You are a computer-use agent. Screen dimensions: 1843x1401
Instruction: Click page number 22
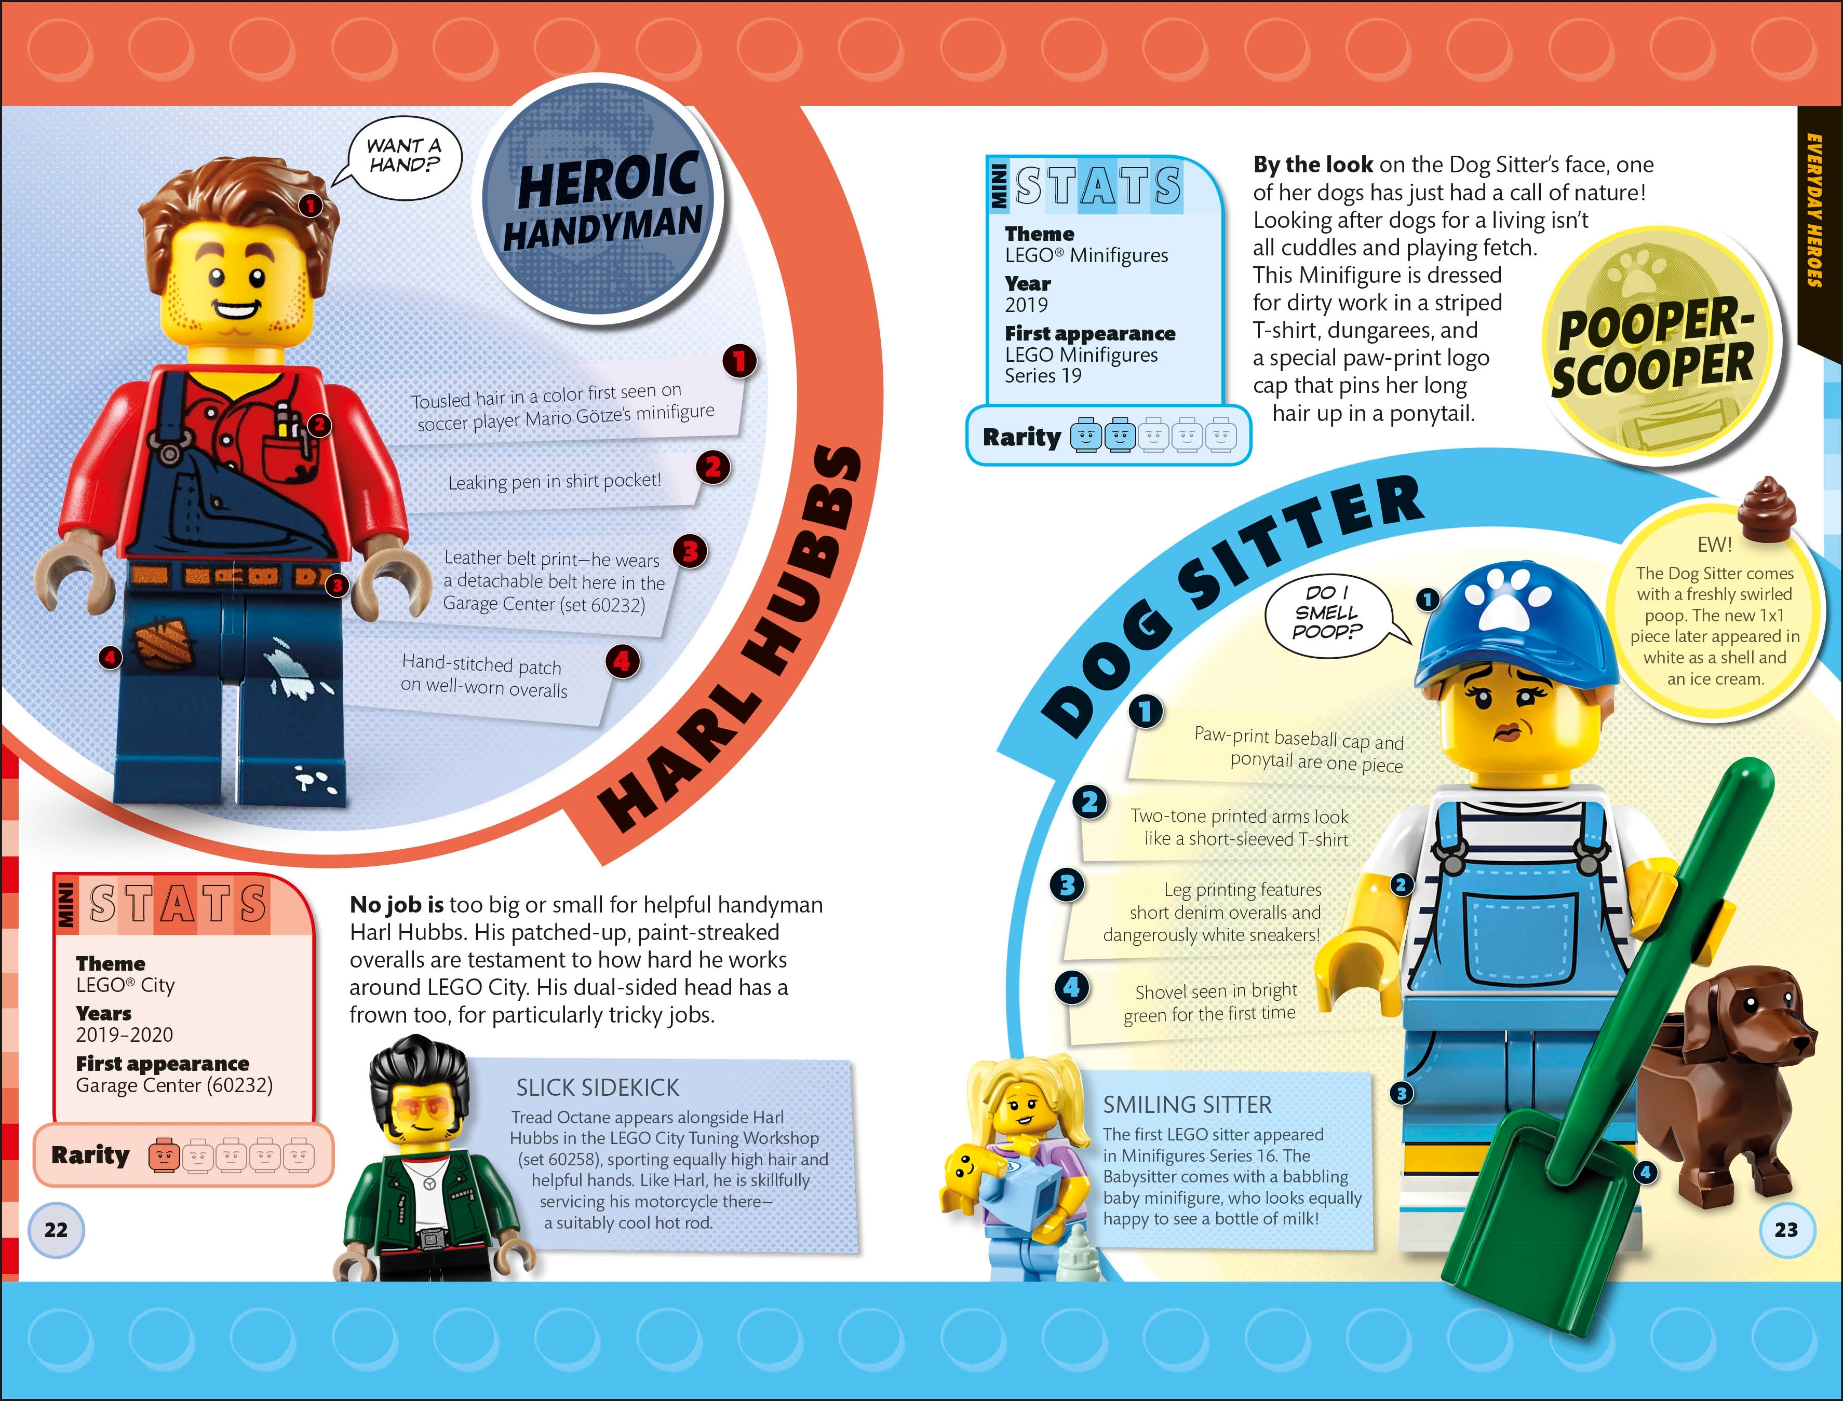(56, 1229)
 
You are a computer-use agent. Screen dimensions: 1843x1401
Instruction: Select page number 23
(1786, 1229)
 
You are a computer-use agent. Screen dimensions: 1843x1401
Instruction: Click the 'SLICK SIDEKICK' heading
(597, 1087)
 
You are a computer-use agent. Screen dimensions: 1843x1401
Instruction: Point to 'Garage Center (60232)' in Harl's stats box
(174, 1085)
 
